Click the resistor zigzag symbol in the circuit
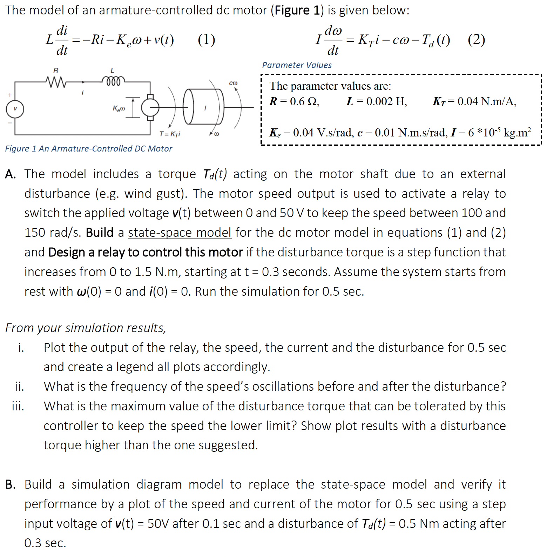pos(55,82)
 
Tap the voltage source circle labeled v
pos(15,109)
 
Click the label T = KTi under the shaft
pos(170,134)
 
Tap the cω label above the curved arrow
pos(233,83)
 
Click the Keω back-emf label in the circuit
pos(119,108)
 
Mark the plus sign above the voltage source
pos(10,95)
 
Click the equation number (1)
pos(207,39)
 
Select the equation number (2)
pos(476,39)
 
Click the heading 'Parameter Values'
pos(297,65)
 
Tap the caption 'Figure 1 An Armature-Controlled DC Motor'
pos(89,149)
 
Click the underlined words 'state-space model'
pos(180,233)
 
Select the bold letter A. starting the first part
pos(11,174)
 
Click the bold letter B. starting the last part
pos(11,484)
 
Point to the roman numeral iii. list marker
pos(18,406)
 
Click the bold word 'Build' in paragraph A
pos(100,233)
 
